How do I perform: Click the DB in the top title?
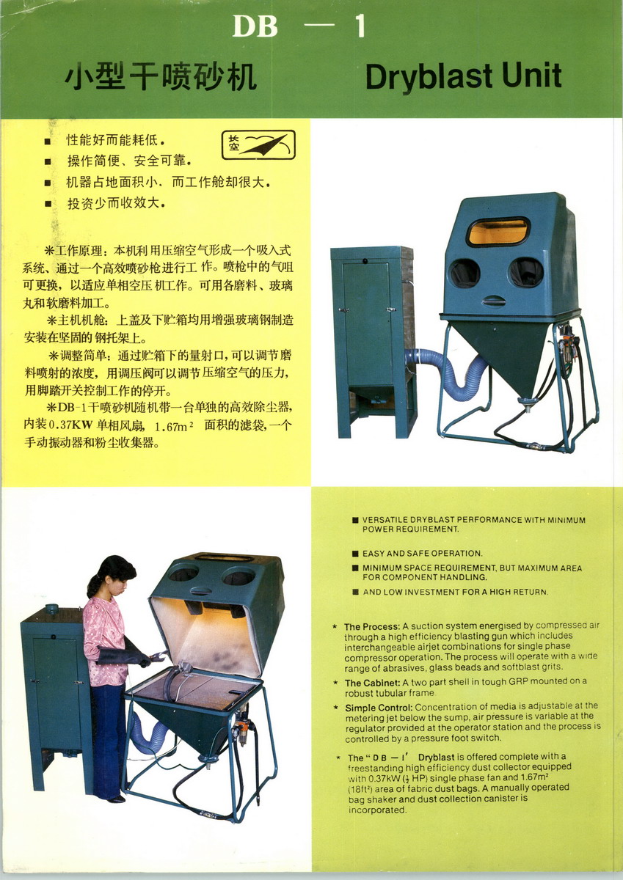click(x=255, y=26)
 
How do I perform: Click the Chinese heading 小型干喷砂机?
click(x=161, y=76)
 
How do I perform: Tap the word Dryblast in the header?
click(x=429, y=78)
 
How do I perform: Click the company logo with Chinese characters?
click(x=258, y=145)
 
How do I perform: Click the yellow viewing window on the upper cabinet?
click(x=498, y=232)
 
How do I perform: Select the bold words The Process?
click(x=372, y=626)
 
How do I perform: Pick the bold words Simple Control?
click(x=379, y=708)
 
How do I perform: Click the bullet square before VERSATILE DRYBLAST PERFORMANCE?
click(x=355, y=520)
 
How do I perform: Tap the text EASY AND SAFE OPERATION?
click(x=422, y=554)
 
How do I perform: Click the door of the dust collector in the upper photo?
click(x=368, y=324)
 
